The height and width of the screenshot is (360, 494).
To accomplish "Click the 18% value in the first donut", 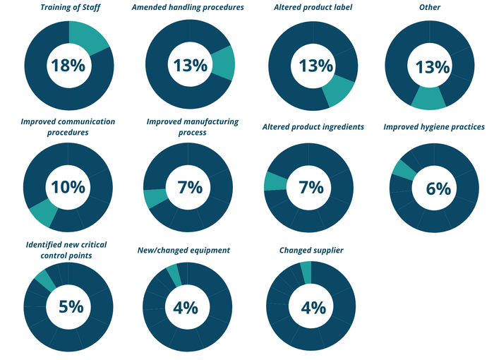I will [x=68, y=66].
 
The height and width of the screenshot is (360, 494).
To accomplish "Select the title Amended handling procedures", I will [x=188, y=7].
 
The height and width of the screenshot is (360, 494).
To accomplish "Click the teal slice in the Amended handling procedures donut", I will [x=223, y=63].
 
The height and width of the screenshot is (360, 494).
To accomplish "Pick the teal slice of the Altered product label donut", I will [x=338, y=92].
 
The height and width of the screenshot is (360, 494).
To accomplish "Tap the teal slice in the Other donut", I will [x=429, y=98].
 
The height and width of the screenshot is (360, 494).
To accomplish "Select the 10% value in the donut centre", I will [x=68, y=188].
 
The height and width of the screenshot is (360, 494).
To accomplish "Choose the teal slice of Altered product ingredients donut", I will [x=275, y=181].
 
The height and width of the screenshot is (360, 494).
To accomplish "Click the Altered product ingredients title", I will [x=313, y=127].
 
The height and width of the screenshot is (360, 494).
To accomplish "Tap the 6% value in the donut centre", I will [x=438, y=188].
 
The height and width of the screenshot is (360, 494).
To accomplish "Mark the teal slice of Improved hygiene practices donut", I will [x=404, y=169].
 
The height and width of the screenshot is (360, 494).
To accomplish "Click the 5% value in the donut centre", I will [x=70, y=307].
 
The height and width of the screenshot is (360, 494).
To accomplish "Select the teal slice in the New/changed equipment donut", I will [x=174, y=275].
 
